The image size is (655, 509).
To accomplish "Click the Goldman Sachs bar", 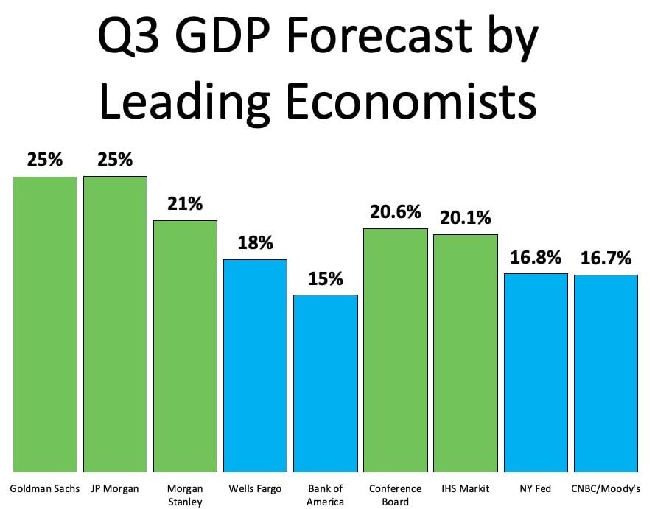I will pyautogui.click(x=45, y=324).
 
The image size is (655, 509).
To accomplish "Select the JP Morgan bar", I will pyautogui.click(x=115, y=324).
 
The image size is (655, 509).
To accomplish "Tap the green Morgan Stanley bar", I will pyautogui.click(x=185, y=346).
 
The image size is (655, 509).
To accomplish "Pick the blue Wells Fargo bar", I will pyautogui.click(x=255, y=365).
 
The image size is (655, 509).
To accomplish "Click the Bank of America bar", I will pyautogui.click(x=325, y=383).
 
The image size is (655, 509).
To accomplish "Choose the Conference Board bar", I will pyautogui.click(x=395, y=350).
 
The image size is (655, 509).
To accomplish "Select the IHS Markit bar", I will pyautogui.click(x=465, y=353).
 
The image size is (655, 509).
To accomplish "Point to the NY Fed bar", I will pyautogui.click(x=536, y=373).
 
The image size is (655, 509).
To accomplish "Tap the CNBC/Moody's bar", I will pyautogui.click(x=606, y=373).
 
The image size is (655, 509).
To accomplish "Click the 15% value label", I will pyautogui.click(x=325, y=279).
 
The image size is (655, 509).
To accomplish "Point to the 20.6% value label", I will pyautogui.click(x=395, y=212).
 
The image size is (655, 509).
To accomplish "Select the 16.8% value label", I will pyautogui.click(x=536, y=258).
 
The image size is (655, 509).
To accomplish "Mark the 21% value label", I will pyautogui.click(x=185, y=204).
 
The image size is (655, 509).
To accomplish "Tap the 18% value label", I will pyautogui.click(x=255, y=243).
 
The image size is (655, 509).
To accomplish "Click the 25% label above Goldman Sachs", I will pyautogui.click(x=45, y=160).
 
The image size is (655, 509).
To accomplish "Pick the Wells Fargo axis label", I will pyautogui.click(x=255, y=488).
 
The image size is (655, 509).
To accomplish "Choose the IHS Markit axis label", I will pyautogui.click(x=465, y=488).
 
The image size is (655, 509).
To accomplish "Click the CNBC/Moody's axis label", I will pyautogui.click(x=606, y=488).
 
